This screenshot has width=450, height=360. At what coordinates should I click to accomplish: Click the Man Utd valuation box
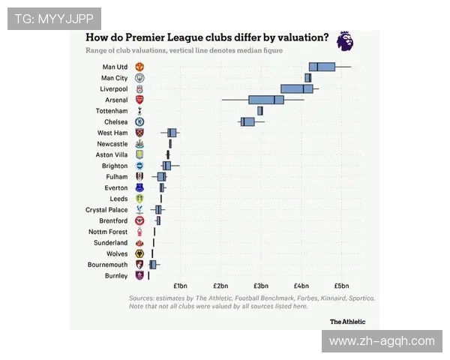point(322,67)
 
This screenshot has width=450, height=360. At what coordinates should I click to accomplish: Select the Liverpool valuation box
point(296,88)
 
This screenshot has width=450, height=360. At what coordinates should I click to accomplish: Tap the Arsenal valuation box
point(266,100)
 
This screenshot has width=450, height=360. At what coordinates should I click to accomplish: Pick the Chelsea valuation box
point(247,121)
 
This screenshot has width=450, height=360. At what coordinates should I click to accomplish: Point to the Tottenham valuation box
point(259,111)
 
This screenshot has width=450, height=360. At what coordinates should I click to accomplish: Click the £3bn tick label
point(260,286)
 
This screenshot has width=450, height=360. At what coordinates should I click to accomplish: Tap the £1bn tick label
point(180,286)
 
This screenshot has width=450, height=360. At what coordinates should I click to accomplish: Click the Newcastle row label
point(112,143)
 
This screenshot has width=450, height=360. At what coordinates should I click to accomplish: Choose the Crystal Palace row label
point(106,210)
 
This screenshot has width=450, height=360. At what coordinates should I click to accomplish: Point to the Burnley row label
point(116,276)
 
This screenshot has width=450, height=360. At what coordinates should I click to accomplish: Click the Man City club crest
point(139,78)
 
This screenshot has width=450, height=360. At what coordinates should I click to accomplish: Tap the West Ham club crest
point(139,133)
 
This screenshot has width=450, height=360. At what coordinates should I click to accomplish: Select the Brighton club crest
point(139,166)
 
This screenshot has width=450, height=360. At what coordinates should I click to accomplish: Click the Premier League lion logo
point(345,41)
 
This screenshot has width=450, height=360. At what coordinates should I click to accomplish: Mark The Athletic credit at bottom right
point(348,321)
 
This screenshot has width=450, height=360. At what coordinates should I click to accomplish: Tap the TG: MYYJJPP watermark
point(54,19)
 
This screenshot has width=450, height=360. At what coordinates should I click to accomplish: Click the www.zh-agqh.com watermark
point(382,341)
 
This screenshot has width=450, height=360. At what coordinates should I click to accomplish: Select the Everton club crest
point(139,188)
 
